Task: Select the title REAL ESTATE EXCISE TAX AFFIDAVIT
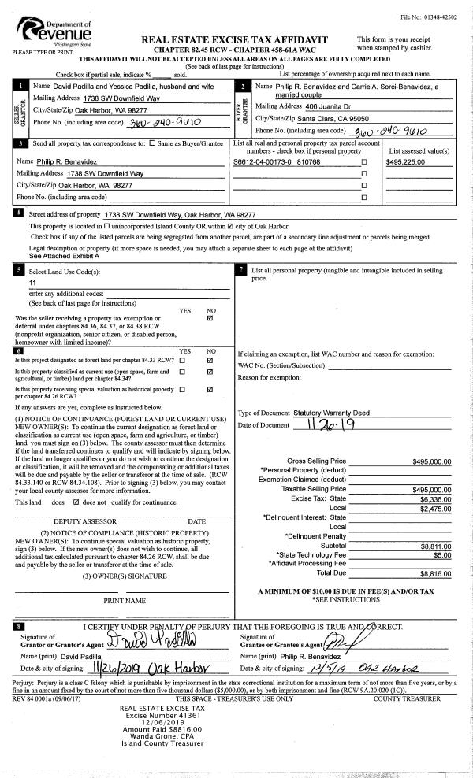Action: click(233, 39)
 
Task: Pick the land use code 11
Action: click(32, 282)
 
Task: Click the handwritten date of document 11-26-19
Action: click(327, 424)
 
